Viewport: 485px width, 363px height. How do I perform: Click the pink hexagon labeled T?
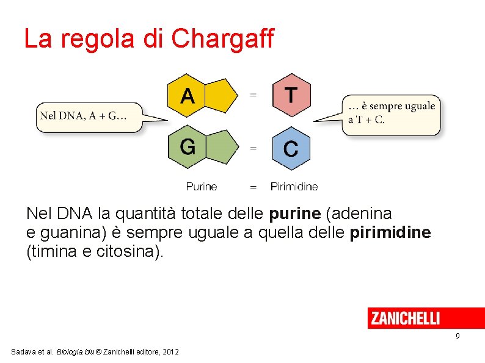point(291,95)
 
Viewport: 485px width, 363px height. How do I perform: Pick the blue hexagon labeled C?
point(291,148)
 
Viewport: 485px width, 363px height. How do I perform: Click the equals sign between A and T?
point(253,95)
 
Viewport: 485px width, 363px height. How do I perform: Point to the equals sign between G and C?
point(253,148)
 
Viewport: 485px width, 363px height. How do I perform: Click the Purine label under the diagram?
point(202,187)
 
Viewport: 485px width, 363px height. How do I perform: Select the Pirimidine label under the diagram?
point(294,187)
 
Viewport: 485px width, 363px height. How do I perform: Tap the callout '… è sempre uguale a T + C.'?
point(391,113)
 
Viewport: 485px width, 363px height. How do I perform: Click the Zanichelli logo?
point(404,318)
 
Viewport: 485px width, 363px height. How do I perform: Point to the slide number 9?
point(458,337)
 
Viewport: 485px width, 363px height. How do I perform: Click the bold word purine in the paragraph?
point(295,214)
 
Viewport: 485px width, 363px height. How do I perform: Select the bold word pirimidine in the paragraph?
point(392,232)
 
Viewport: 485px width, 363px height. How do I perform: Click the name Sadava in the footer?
point(23,352)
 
